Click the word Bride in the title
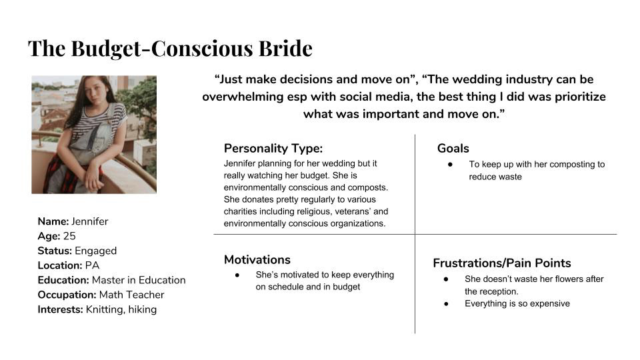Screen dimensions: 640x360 pos(285,48)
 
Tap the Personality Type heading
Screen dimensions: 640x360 pos(273,149)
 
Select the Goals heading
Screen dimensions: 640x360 pos(453,148)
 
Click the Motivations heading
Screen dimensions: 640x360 pos(257,259)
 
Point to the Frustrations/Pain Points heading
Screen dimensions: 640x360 pos(501,263)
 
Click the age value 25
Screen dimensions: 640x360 pos(69,236)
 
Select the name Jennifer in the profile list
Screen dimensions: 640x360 pos(90,221)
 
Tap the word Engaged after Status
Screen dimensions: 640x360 pos(95,251)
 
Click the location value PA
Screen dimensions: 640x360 pos(92,265)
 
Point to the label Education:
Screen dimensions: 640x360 pos(63,280)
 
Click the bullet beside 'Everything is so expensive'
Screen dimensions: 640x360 pos(446,304)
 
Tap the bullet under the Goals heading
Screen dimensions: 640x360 pos(450,165)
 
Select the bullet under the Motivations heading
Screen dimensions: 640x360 pos(237,275)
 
